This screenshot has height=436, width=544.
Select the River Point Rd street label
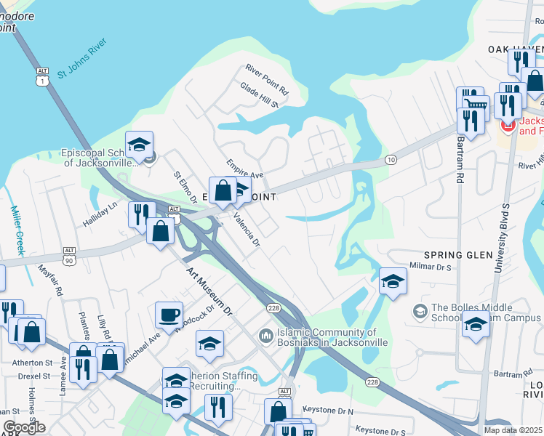[x=267, y=80]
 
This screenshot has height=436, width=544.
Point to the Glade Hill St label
[x=260, y=95]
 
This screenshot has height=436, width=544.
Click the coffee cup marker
[x=169, y=315]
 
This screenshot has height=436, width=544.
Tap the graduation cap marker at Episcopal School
[x=139, y=144]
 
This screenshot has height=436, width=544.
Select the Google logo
[x=24, y=427]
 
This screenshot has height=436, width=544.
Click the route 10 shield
[x=391, y=159]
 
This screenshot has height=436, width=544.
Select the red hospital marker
[x=506, y=125]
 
